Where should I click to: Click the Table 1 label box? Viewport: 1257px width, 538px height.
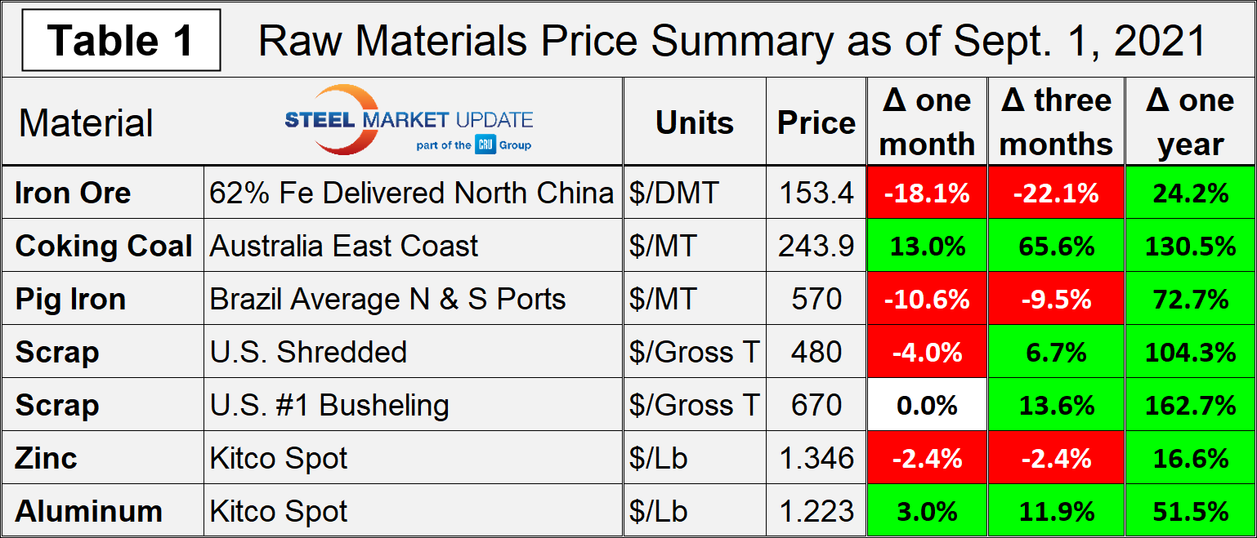click(x=121, y=40)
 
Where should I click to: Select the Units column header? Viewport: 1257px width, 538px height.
click(x=694, y=122)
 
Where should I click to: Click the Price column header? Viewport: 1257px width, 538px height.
click(x=816, y=122)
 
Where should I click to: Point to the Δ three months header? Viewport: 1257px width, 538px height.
click(x=1056, y=122)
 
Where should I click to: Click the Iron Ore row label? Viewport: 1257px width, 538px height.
click(x=73, y=193)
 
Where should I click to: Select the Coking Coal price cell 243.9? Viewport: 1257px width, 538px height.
click(x=816, y=246)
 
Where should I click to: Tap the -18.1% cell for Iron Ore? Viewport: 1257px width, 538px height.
click(x=927, y=193)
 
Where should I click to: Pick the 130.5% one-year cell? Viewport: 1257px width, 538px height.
click(x=1190, y=246)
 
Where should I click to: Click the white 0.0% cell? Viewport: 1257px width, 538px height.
click(x=927, y=405)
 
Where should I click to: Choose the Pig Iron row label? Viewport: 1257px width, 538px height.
click(x=70, y=300)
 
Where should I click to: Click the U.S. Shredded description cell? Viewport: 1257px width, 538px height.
click(x=308, y=352)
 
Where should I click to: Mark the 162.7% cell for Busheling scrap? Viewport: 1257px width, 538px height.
click(x=1190, y=405)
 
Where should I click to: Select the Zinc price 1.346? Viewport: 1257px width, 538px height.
click(x=816, y=458)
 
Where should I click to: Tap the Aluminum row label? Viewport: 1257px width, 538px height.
click(x=88, y=511)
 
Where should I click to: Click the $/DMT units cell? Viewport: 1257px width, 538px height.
click(x=674, y=193)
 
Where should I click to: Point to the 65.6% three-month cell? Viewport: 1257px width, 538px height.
click(x=1056, y=246)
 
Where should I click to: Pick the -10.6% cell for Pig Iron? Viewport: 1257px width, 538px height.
click(x=927, y=300)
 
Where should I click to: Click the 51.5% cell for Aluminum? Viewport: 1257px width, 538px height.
click(x=1190, y=511)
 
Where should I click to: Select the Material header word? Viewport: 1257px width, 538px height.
click(x=86, y=123)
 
